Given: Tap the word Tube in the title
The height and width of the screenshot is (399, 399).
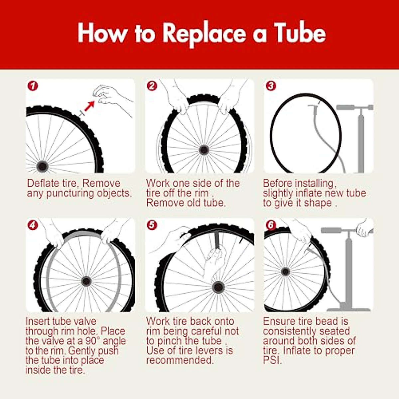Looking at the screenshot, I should (x=300, y=34).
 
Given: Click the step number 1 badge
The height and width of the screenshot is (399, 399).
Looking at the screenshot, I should (x=33, y=86).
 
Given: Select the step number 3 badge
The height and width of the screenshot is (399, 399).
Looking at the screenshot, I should (x=271, y=86).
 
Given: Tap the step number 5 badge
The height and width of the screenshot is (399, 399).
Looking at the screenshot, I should (x=152, y=225).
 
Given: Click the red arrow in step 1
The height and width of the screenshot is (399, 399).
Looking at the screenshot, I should (x=89, y=106).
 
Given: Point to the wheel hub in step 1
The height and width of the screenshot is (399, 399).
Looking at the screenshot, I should (x=42, y=166).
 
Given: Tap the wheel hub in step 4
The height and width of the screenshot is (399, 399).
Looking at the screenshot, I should (x=86, y=281).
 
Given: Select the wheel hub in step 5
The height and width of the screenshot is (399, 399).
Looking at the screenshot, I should (x=218, y=286).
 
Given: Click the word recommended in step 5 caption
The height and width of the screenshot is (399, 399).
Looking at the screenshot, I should (x=180, y=360).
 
